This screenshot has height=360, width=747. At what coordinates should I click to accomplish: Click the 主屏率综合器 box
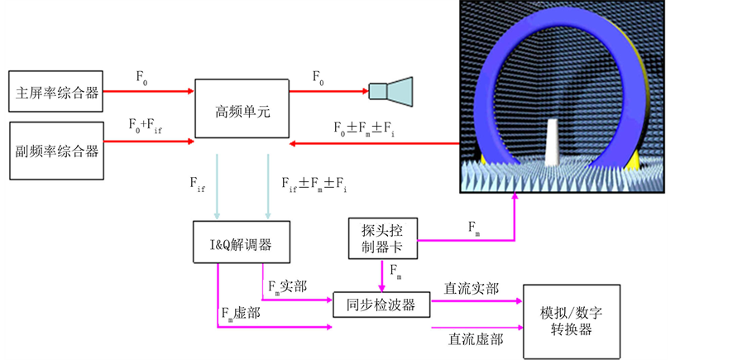point(57,94)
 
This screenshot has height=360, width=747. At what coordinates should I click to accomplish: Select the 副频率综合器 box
point(57,151)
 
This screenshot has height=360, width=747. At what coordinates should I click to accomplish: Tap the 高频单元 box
point(242,108)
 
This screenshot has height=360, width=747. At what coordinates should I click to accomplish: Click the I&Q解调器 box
point(242,244)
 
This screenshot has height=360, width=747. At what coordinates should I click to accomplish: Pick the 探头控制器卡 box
point(381,238)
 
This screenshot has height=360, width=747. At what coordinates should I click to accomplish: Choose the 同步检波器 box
point(382,305)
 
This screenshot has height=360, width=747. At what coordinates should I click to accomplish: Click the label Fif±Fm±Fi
point(314,184)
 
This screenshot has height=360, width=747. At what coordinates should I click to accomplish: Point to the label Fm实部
point(288,286)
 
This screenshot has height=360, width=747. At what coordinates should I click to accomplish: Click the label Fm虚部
point(243,314)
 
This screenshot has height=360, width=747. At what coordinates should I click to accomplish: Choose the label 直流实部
point(472,288)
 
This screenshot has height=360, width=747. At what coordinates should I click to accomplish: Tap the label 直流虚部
point(475,338)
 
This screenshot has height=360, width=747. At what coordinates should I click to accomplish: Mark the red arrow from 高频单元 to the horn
point(327,92)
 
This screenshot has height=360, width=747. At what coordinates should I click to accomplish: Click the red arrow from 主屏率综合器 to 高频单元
point(149,92)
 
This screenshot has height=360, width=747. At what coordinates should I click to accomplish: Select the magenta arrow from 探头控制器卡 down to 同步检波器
point(382,274)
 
